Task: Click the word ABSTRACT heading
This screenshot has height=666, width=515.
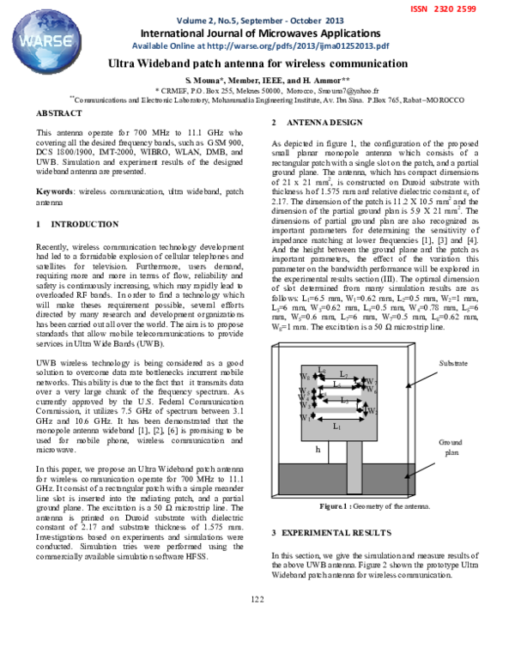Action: coord(59,113)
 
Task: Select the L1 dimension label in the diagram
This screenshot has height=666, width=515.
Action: coord(336,426)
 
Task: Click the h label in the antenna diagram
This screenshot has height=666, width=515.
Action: coord(318,448)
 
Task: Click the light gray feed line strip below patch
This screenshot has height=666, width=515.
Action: coord(341,463)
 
